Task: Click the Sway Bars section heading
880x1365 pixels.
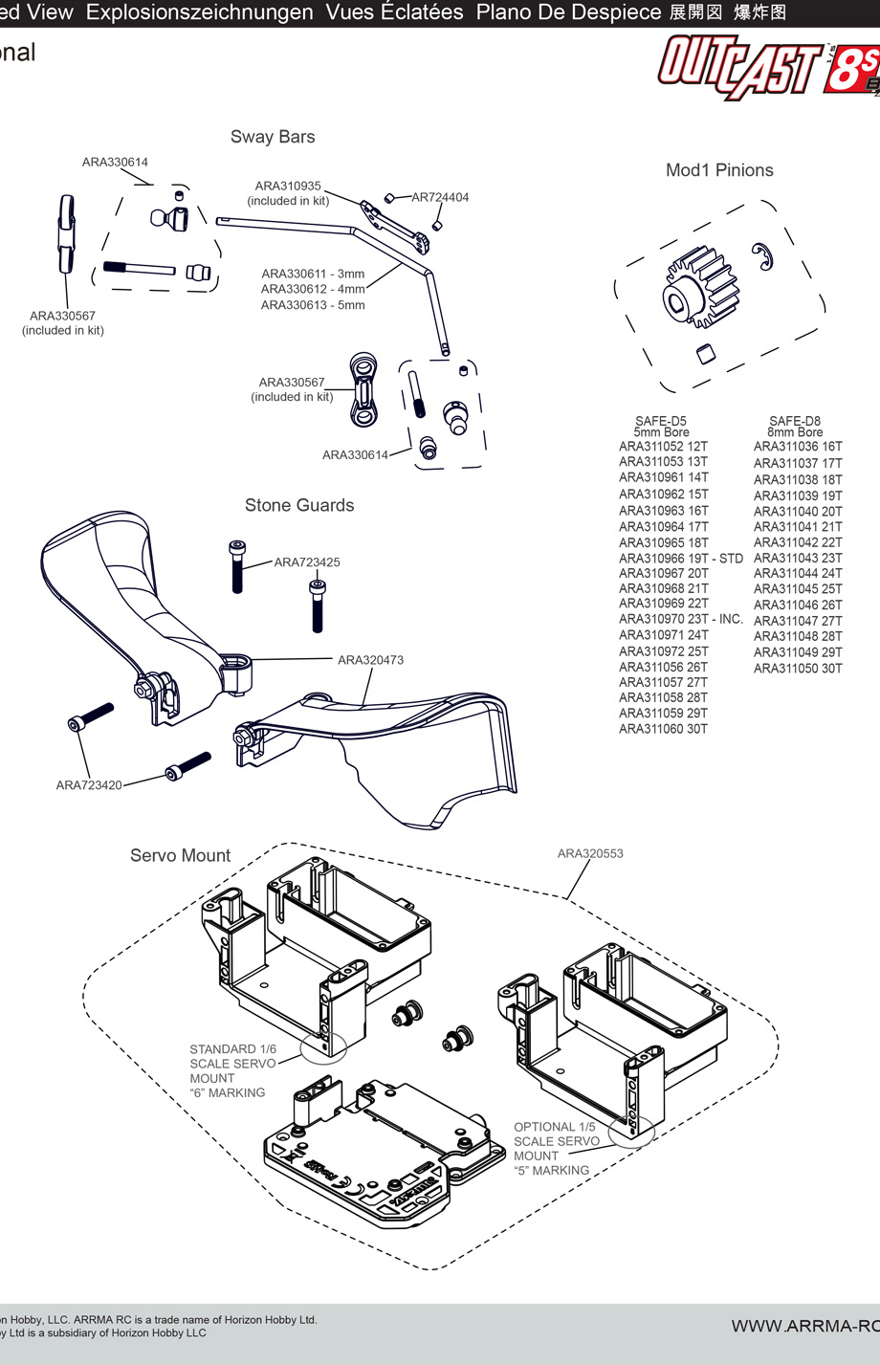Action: pyautogui.click(x=273, y=137)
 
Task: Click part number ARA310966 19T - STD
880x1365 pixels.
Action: pyautogui.click(x=680, y=558)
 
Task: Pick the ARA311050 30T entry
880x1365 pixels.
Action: pyautogui.click(x=798, y=668)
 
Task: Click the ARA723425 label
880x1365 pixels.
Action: pyautogui.click(x=307, y=562)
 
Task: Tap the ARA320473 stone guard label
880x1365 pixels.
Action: pyautogui.click(x=370, y=660)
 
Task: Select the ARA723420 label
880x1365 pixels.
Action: pyautogui.click(x=89, y=785)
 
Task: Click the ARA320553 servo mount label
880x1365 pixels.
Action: pyautogui.click(x=590, y=853)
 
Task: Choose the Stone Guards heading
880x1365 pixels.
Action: pyautogui.click(x=299, y=505)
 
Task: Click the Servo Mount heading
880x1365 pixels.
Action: pyautogui.click(x=181, y=856)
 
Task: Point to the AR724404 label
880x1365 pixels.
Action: pyautogui.click(x=440, y=197)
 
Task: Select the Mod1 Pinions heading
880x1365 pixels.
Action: pyautogui.click(x=719, y=170)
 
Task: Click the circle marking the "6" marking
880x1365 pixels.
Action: pyautogui.click(x=323, y=1046)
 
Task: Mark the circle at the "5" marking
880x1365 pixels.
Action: pyautogui.click(x=631, y=1131)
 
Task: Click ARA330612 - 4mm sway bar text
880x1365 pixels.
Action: pyautogui.click(x=313, y=289)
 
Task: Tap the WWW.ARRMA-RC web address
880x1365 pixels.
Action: pyautogui.click(x=804, y=1326)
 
